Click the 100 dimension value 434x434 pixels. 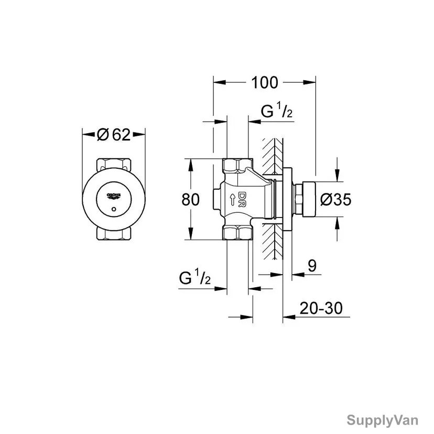pos(264,82)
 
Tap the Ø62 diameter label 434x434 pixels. pos(114,135)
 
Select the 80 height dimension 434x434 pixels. pos(190,199)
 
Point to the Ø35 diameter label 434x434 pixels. pos(336,199)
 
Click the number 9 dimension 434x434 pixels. pos(312,266)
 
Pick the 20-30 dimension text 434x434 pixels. pos(321,308)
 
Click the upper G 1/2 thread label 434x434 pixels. pos(277,111)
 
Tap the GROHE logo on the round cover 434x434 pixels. pos(114,196)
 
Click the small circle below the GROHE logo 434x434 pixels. pos(114,209)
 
